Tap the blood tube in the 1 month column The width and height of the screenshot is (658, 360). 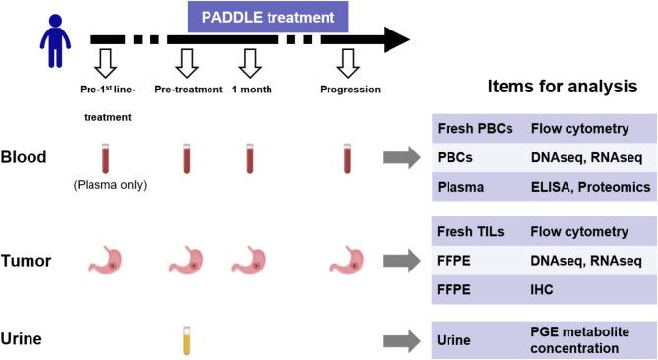point(250,158)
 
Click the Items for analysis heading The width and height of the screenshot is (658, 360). point(563,88)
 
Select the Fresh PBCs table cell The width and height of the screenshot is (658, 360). point(475,128)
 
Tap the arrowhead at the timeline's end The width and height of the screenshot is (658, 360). point(394,39)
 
